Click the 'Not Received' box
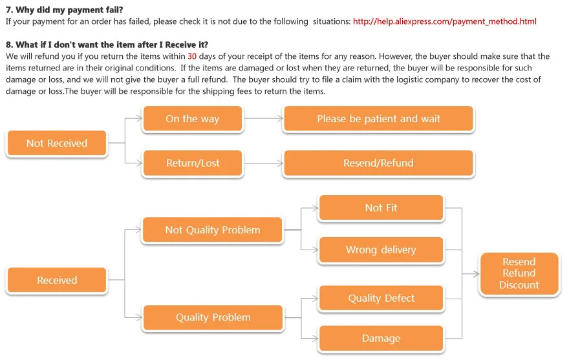coord(56,143)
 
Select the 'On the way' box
coord(192,119)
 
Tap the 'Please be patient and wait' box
coord(378,119)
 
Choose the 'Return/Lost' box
coord(192,163)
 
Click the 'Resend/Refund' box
coord(378,163)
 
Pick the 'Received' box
coord(56,280)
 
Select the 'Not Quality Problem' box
coord(212,230)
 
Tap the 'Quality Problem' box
coord(213,317)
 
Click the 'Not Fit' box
coord(381,207)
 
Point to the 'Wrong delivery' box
coord(381,249)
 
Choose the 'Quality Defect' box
coord(381,298)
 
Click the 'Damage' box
coord(381,338)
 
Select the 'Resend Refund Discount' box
coord(519,273)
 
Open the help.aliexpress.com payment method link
coord(444,21)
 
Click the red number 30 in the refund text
coord(192,56)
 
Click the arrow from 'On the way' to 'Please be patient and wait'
coord(263,119)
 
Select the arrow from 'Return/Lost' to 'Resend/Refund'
coord(263,163)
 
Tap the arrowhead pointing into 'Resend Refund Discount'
coord(475,273)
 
